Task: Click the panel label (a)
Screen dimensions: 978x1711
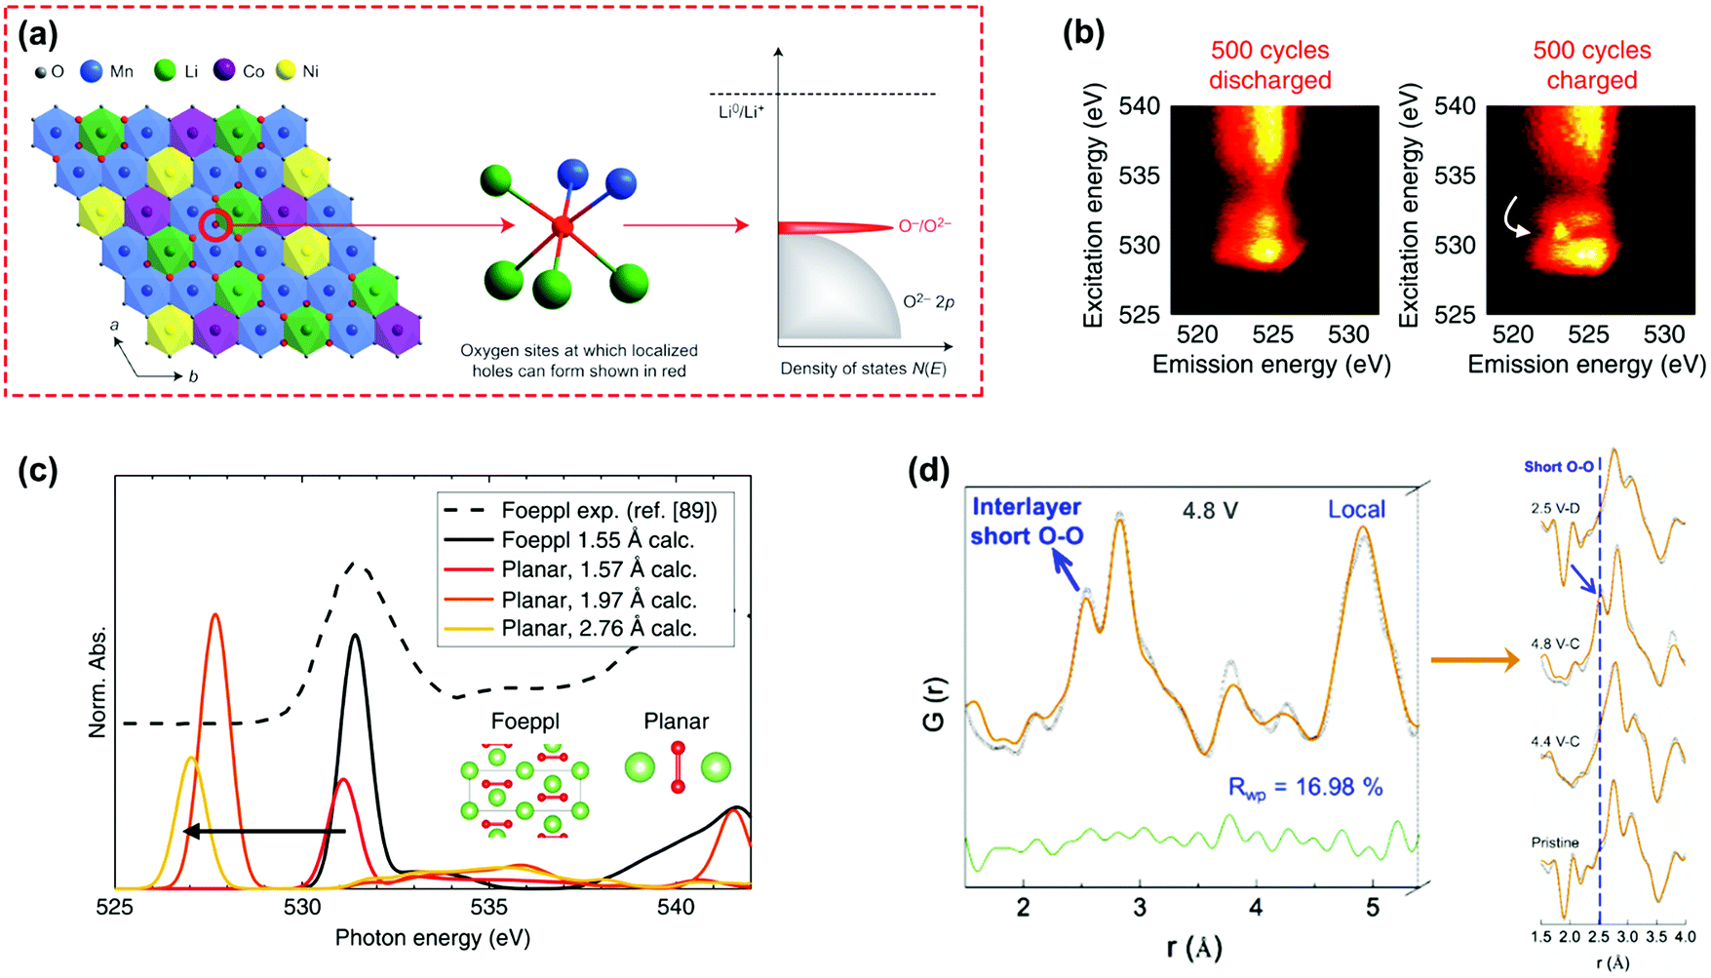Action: [38, 35]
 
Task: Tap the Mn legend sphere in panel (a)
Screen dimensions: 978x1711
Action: [91, 71]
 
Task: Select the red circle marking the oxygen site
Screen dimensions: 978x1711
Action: [215, 225]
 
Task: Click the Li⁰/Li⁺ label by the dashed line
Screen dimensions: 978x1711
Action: [742, 112]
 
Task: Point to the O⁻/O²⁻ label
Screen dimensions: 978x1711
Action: [924, 226]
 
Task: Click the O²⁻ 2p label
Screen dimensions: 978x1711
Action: [928, 301]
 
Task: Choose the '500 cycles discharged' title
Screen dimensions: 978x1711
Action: [1269, 65]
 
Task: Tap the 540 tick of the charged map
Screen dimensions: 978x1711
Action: [1455, 105]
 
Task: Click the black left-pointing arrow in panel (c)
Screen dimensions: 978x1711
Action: [263, 831]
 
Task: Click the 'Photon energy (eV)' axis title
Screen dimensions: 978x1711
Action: [433, 938]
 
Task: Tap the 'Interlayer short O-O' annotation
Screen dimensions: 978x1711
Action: [1027, 521]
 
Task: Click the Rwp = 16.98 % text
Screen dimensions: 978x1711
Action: [1304, 788]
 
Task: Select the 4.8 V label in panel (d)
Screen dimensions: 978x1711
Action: [1209, 510]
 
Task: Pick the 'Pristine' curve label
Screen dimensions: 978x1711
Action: [1554, 842]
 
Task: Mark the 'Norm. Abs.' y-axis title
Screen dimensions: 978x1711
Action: [97, 681]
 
